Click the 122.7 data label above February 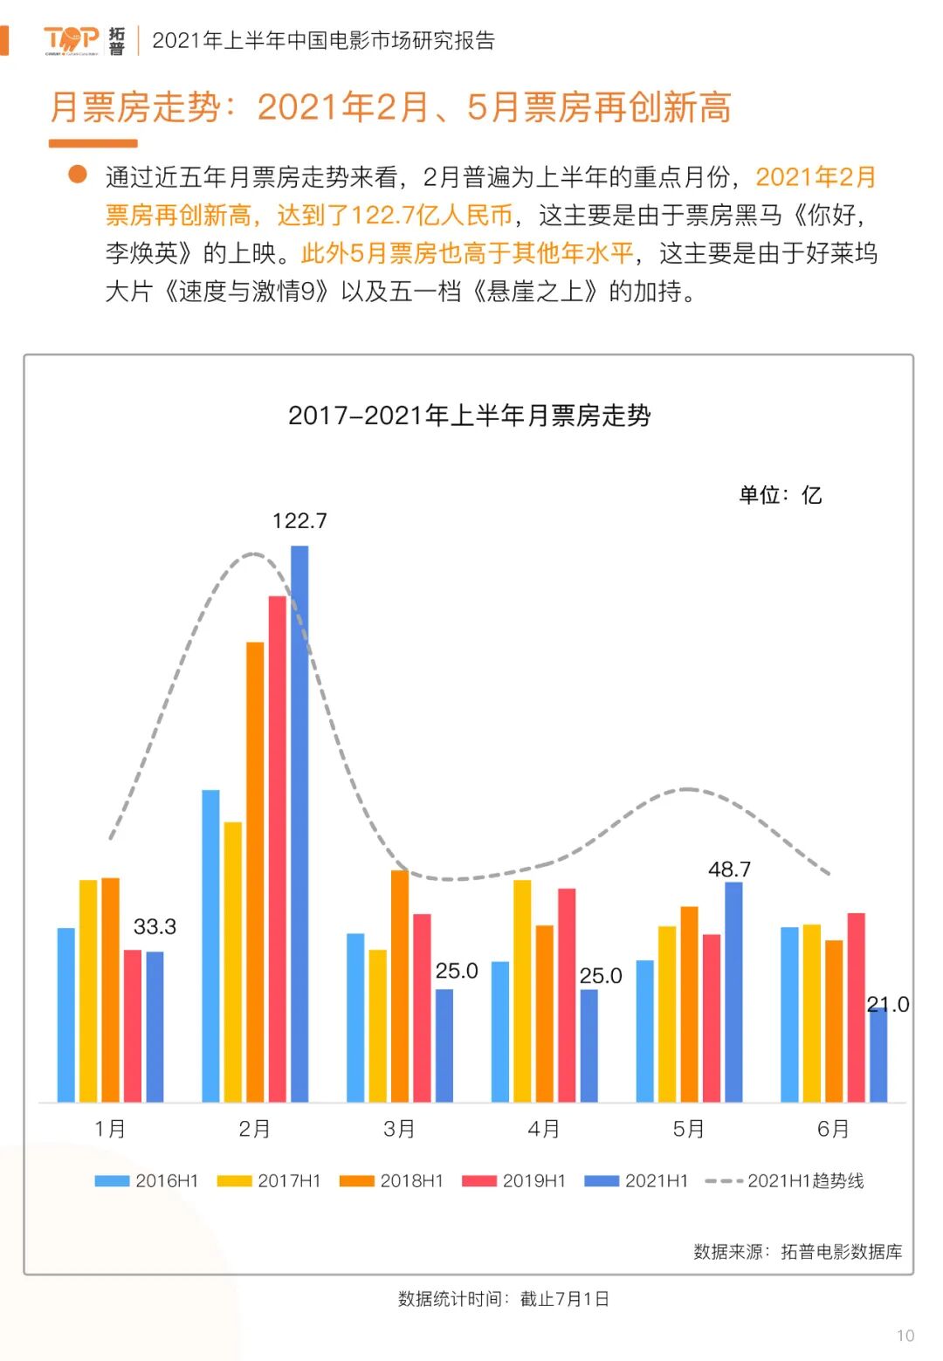pos(299,521)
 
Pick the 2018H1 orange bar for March pos(400,986)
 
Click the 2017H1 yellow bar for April pos(522,991)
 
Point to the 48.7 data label pos(729,870)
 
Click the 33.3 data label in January pos(155,926)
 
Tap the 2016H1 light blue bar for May pos(645,1031)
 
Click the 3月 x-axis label pos(399,1129)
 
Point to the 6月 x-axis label pos(833,1129)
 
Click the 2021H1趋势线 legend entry pos(785,1181)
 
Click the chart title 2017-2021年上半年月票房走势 pos(470,416)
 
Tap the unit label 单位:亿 pos(780,495)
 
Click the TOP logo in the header pos(72,40)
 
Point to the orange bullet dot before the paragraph pos(78,175)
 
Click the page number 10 pos(905,1336)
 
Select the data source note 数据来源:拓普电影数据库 pos(797,1252)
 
